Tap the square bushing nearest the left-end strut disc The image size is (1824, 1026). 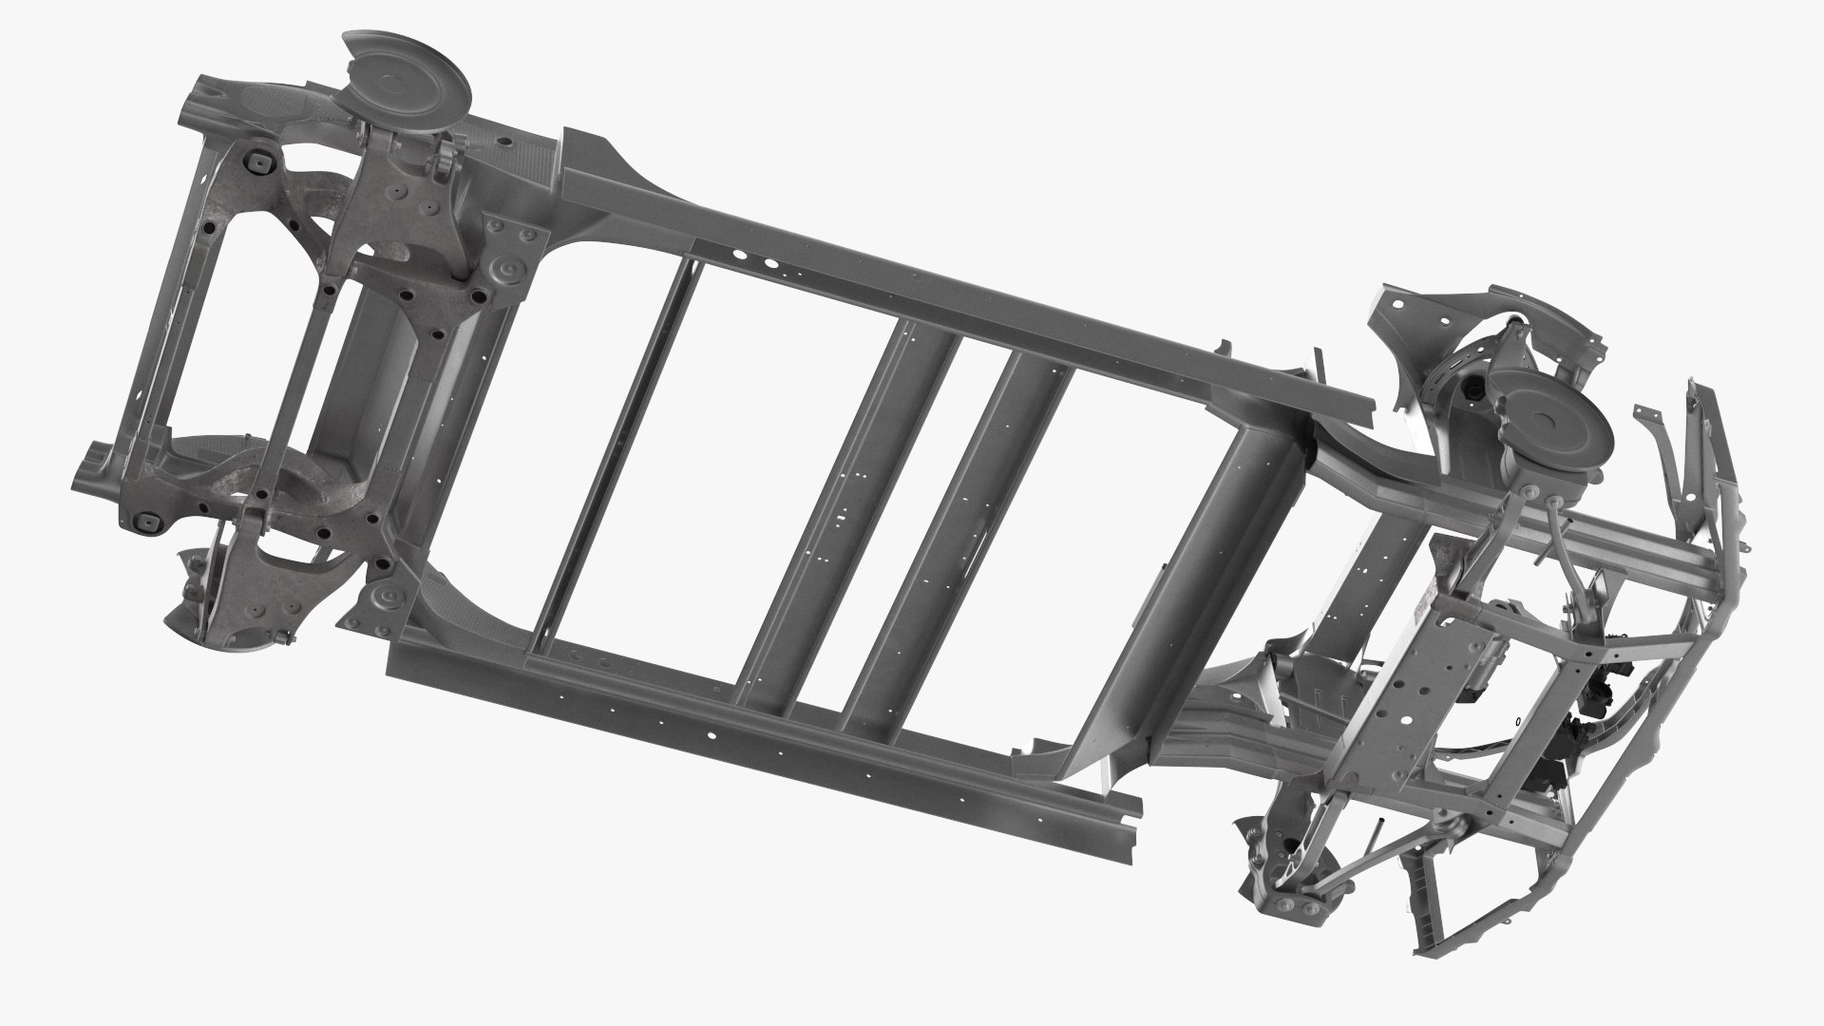(x=256, y=163)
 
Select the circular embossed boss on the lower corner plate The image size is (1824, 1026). (x=386, y=600)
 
